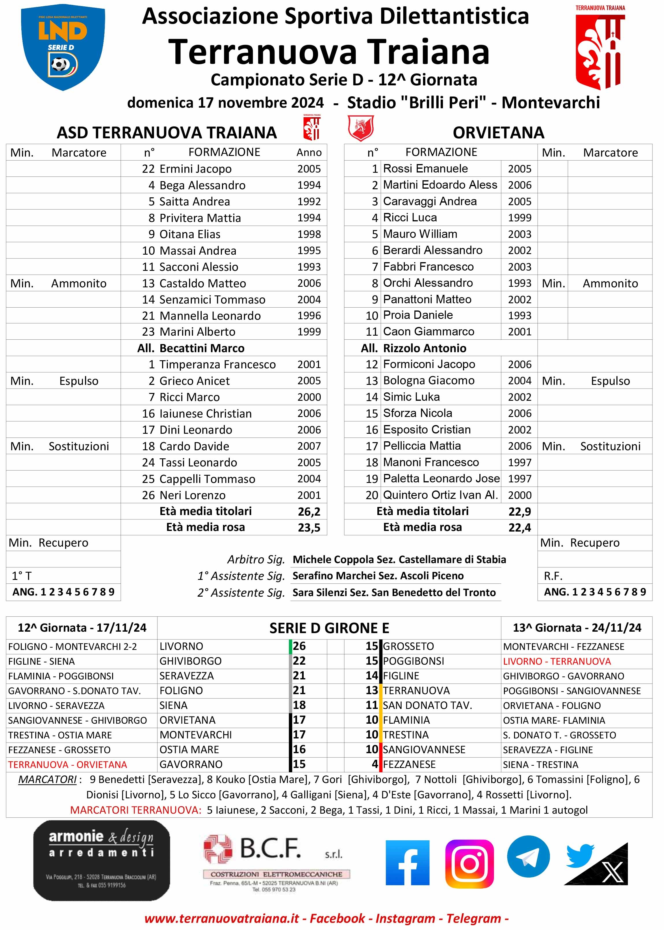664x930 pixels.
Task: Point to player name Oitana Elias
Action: point(190,234)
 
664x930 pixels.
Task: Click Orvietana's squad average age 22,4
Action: point(519,528)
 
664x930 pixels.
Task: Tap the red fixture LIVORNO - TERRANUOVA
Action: point(557,661)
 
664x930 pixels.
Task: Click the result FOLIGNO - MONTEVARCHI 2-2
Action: point(72,646)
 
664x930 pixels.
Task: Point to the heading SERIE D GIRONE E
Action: point(329,628)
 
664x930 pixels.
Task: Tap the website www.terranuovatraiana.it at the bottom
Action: point(222,918)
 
